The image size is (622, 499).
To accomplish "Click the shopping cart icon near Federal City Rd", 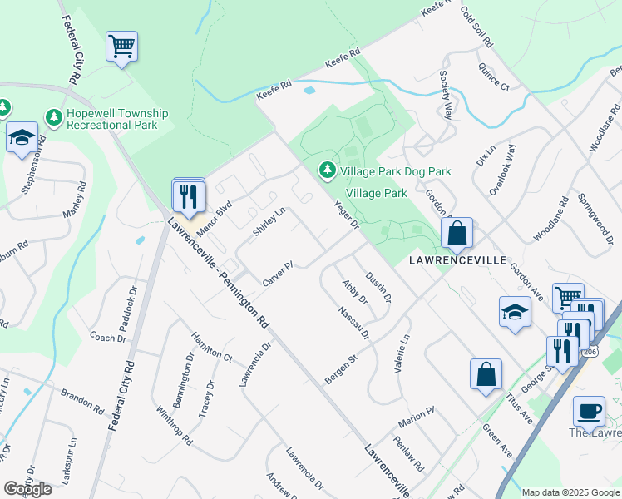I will click(121, 47).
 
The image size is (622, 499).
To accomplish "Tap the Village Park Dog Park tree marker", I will click(328, 170).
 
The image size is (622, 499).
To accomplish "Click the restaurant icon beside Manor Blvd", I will click(189, 196).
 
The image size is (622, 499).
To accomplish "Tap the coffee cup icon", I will click(589, 410).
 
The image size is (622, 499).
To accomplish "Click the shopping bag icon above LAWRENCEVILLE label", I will click(457, 233).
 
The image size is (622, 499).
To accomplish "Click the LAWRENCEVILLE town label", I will click(457, 260).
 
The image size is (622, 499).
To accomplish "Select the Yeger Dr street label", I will click(345, 213).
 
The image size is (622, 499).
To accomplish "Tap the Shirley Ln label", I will click(269, 221).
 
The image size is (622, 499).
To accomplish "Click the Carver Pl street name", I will click(279, 275).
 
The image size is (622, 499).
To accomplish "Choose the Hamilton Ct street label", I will click(211, 343).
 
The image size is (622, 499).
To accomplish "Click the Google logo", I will click(27, 489).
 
